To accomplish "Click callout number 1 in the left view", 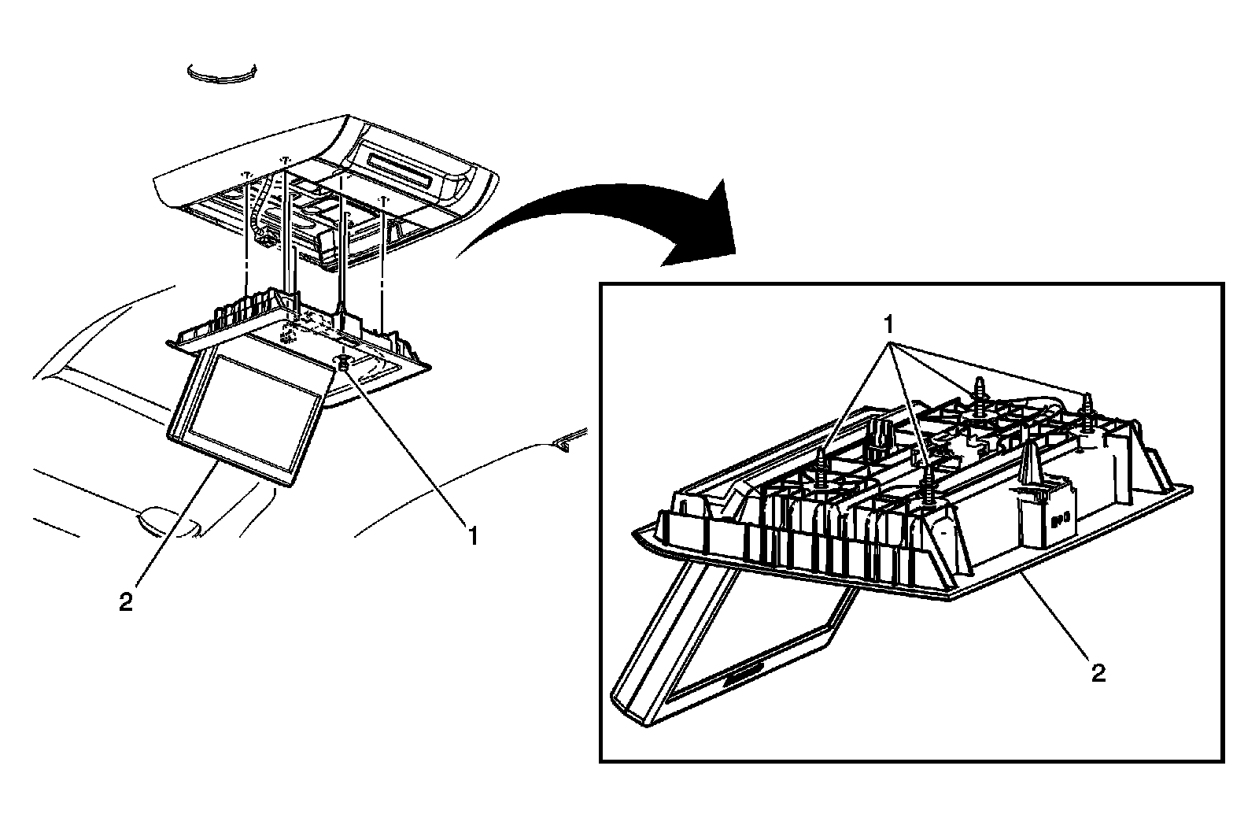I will [x=472, y=537].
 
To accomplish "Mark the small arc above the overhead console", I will [x=223, y=72].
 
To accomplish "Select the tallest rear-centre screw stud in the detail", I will [x=979, y=394].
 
